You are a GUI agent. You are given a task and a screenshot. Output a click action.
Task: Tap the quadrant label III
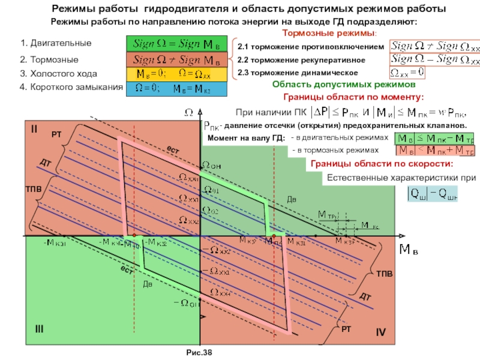point(39,328)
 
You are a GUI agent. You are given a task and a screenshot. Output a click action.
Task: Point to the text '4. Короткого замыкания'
point(68,88)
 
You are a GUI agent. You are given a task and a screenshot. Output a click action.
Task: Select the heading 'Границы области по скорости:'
point(381,164)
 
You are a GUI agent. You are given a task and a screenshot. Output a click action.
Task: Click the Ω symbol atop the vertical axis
point(188,112)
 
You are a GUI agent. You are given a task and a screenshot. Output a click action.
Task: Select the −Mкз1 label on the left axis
point(55,242)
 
